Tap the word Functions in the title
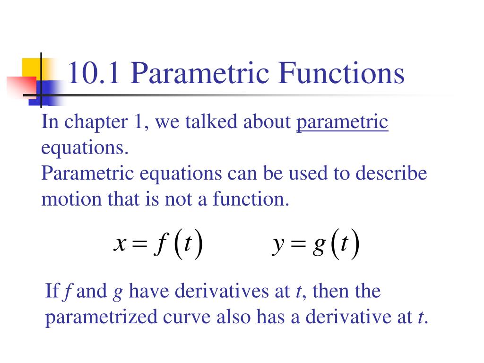point(341,74)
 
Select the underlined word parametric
point(342,122)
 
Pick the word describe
point(391,173)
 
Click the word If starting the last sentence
point(52,291)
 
